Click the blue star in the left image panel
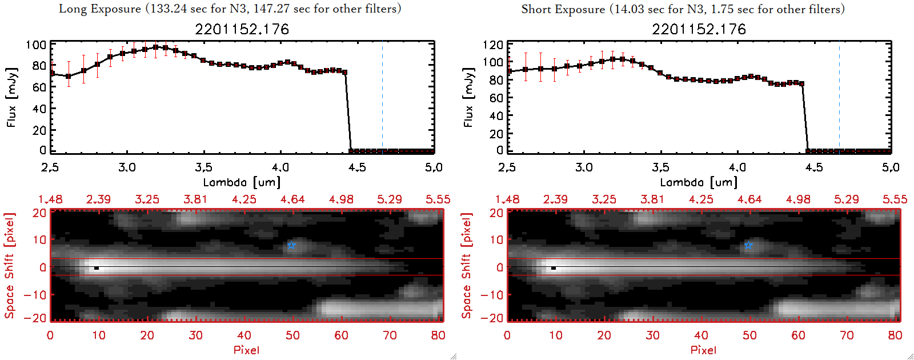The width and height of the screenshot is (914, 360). pos(291,245)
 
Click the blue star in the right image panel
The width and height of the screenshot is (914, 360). pos(748,245)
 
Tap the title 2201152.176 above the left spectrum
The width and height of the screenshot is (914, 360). pos(242,29)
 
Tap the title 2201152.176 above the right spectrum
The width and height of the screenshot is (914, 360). pos(699,29)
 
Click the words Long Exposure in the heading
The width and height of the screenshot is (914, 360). pos(100,9)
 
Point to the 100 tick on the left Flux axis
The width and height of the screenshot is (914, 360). pos(36,45)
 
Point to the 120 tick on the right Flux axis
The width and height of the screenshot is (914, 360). pos(493,45)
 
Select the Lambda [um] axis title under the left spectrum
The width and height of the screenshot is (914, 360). pos(242,182)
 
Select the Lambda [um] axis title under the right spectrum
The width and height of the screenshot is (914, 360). pos(699,182)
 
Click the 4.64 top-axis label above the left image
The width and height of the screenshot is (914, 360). pos(292,199)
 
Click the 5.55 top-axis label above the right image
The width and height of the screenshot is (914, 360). pos(895,199)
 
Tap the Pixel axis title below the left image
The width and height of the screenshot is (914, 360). pos(246,350)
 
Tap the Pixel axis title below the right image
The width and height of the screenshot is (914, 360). pos(703,350)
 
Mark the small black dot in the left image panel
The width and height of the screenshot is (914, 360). pos(97,268)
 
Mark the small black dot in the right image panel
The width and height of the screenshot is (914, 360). pos(554,268)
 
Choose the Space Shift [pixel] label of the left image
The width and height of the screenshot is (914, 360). pos(9,266)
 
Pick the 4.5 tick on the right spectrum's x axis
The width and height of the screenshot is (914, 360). pos(814,167)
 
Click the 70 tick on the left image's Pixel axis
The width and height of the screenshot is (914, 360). pos(390,335)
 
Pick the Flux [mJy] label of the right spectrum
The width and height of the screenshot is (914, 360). pos(468,97)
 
